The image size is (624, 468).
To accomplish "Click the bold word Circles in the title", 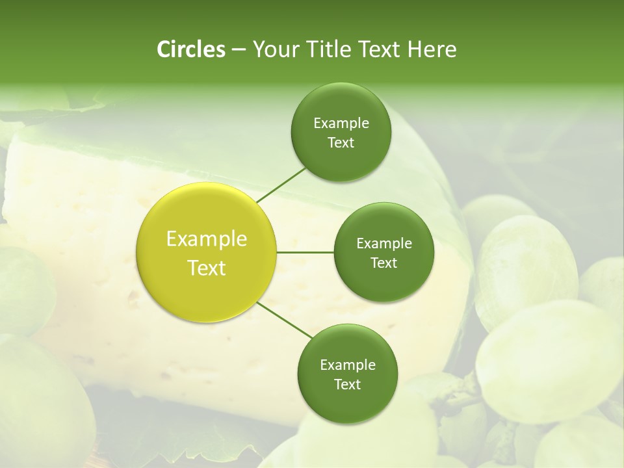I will (x=190, y=49).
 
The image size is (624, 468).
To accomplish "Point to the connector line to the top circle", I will (x=281, y=184).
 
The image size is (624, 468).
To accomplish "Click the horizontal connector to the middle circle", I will (x=305, y=252).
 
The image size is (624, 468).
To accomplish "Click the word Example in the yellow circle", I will (x=207, y=239).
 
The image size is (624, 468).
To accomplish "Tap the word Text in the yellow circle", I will (x=207, y=268).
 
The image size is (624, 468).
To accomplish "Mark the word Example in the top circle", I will (x=341, y=123).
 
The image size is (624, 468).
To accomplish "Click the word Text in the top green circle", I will (x=341, y=143).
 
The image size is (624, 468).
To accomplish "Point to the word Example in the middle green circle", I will (x=383, y=244).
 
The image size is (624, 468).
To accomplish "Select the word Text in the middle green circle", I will (x=383, y=263).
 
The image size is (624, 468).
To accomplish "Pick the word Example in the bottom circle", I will (x=347, y=365).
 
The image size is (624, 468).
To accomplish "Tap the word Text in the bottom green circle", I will (x=347, y=385).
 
